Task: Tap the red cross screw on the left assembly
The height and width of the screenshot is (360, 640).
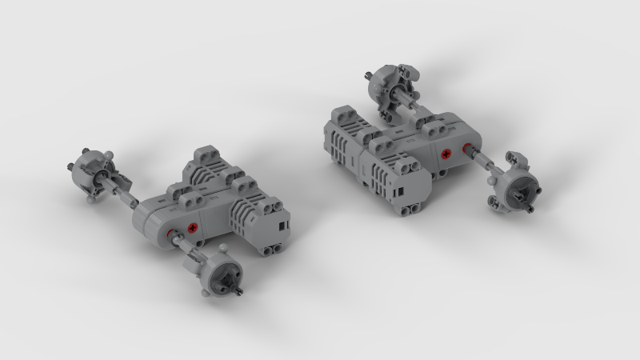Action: point(193,230)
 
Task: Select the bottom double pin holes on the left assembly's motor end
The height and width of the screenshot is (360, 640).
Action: point(272,249)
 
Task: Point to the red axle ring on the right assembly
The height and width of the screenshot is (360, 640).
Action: point(465,150)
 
